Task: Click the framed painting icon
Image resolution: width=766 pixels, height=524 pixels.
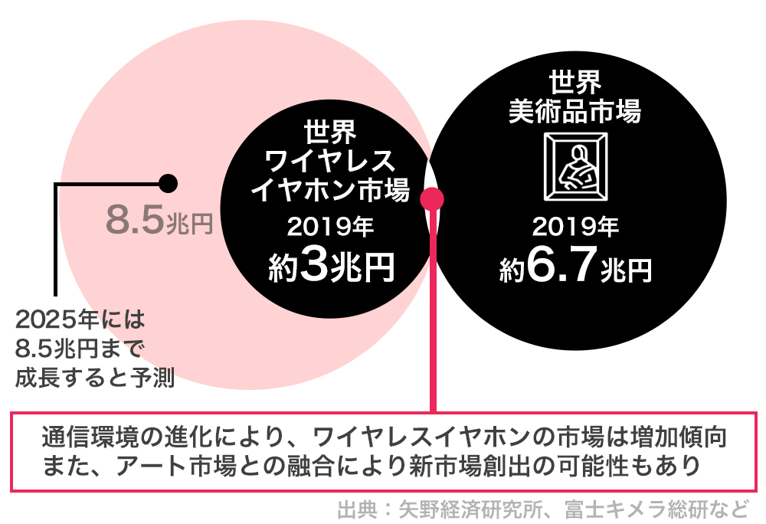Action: pyautogui.click(x=576, y=166)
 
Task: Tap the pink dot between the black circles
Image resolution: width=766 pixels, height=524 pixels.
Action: pyautogui.click(x=432, y=198)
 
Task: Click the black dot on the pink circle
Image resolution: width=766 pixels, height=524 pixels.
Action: pyautogui.click(x=168, y=184)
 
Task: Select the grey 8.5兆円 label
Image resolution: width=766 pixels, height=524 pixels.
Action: pyautogui.click(x=159, y=220)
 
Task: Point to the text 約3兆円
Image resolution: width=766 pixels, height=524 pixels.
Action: pyautogui.click(x=331, y=267)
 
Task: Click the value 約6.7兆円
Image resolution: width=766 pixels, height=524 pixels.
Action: pyautogui.click(x=575, y=267)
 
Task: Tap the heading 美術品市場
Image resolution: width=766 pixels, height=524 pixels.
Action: pyautogui.click(x=575, y=111)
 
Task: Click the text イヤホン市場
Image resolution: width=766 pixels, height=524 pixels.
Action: pyautogui.click(x=330, y=190)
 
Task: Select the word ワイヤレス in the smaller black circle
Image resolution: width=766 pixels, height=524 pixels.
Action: pyautogui.click(x=330, y=160)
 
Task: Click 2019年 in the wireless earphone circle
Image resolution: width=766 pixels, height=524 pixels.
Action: pyautogui.click(x=330, y=227)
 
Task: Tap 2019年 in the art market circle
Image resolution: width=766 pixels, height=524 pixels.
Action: pyautogui.click(x=575, y=227)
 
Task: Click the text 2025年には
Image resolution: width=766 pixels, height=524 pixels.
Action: pyautogui.click(x=80, y=320)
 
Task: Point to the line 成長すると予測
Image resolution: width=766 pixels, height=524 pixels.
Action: pyautogui.click(x=95, y=378)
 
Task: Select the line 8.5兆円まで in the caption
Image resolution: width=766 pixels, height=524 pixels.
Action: pyautogui.click(x=80, y=349)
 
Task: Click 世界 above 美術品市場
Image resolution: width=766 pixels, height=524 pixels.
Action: pyautogui.click(x=575, y=82)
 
